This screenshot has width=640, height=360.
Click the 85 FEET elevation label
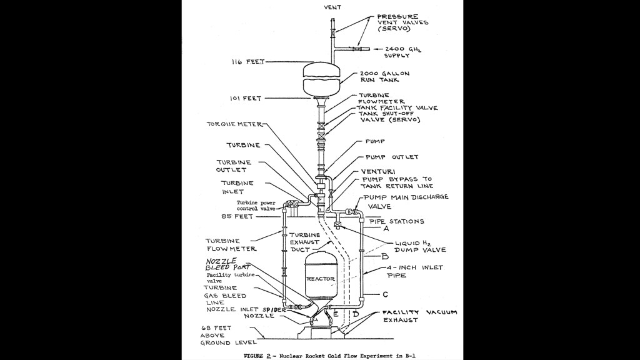[254, 216]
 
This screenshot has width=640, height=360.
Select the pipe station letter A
[386, 229]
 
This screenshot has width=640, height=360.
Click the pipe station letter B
[386, 256]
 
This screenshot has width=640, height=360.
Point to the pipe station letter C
[386, 294]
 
